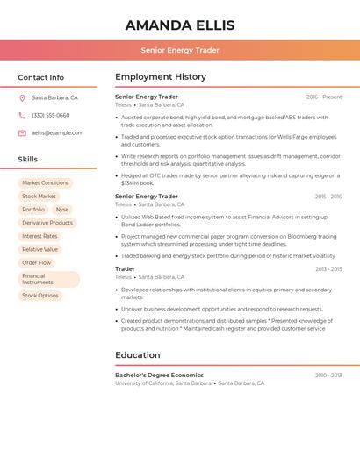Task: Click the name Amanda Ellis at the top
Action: click(180, 24)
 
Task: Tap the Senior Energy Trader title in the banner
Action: click(180, 50)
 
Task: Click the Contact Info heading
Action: click(40, 77)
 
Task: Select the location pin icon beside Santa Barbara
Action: click(22, 97)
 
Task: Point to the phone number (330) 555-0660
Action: click(50, 115)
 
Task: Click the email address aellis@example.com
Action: click(57, 132)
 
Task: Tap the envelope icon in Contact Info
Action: click(22, 132)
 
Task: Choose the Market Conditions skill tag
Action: click(46, 182)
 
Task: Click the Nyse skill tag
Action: click(61, 210)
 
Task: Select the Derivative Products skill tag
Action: click(47, 223)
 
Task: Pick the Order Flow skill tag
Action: click(37, 262)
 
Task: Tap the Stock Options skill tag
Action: click(40, 296)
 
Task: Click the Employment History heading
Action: click(161, 77)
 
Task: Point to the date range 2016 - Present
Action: click(324, 97)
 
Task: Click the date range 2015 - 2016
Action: click(328, 197)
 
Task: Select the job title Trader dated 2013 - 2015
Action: click(125, 269)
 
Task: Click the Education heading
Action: click(137, 355)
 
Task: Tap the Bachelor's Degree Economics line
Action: click(159, 375)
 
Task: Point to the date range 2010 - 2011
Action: click(328, 375)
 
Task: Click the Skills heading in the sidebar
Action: click(28, 160)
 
